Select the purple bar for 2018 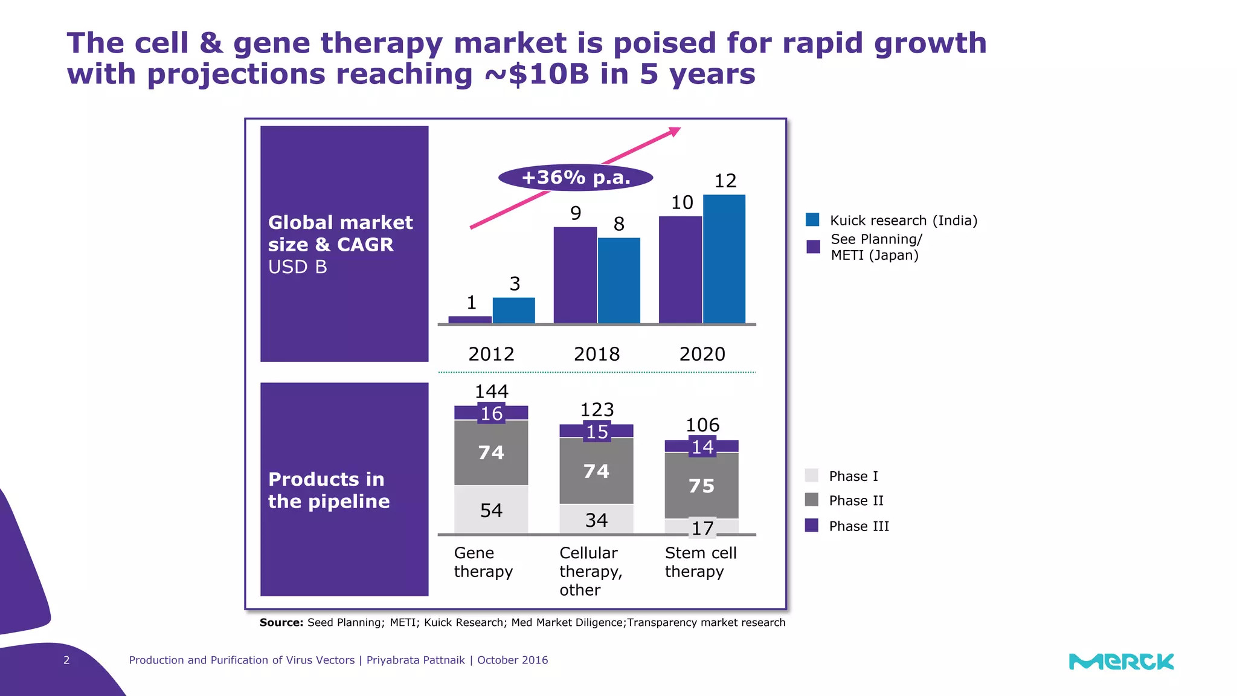(x=575, y=275)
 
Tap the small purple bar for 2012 (x=470, y=320)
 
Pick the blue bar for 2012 (x=514, y=311)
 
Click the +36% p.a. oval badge (x=576, y=178)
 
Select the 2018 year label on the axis (x=597, y=354)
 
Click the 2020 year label (x=702, y=354)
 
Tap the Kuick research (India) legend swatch (x=812, y=220)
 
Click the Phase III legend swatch (x=812, y=526)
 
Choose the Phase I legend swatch (x=812, y=475)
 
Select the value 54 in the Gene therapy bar (x=491, y=511)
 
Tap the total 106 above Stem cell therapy (x=702, y=425)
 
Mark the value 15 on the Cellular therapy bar (x=597, y=432)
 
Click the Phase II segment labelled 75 (x=701, y=486)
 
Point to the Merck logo (x=1121, y=662)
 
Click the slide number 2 (x=66, y=660)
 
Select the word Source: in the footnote (x=281, y=623)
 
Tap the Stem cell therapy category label (x=701, y=562)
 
